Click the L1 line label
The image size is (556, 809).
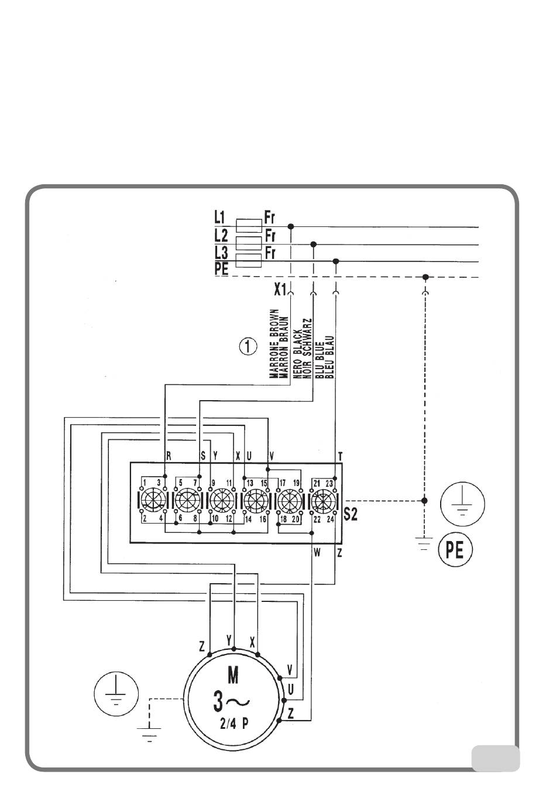coord(219,218)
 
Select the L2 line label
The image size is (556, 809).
coord(221,236)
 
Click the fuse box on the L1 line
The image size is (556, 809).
coord(248,225)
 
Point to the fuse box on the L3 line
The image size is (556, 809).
coord(248,261)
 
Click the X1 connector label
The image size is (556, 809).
coord(280,289)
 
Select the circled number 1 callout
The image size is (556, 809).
coord(248,347)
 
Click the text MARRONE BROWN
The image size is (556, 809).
coord(273,345)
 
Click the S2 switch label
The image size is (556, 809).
coord(351,515)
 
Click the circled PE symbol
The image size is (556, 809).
coord(455,550)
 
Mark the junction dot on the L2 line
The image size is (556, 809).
coord(314,244)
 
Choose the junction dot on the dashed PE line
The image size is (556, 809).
coord(425,277)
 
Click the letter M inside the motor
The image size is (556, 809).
coord(233,676)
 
